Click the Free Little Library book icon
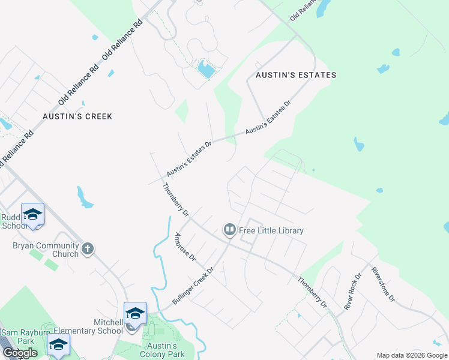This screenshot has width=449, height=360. click(x=229, y=230)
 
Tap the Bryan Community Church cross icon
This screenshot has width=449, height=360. click(x=88, y=249)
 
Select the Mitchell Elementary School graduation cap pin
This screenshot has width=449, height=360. click(x=135, y=313)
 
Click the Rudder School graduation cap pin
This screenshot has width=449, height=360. click(x=32, y=214)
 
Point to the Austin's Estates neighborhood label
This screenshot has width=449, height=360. click(x=296, y=75)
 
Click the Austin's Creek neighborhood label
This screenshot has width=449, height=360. click(x=77, y=116)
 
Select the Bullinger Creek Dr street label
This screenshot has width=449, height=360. click(x=193, y=286)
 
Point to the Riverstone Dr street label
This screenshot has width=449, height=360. click(x=384, y=284)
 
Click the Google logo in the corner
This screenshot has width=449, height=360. click(x=20, y=353)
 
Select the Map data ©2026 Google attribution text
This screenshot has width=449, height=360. click(x=411, y=355)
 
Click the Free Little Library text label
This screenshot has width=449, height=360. click(x=271, y=230)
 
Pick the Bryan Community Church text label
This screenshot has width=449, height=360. click(x=46, y=250)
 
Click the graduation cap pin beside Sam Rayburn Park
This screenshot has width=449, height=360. click(x=58, y=344)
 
